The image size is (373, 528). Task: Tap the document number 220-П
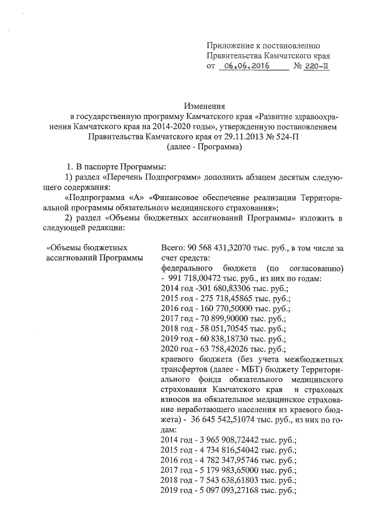(316, 67)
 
